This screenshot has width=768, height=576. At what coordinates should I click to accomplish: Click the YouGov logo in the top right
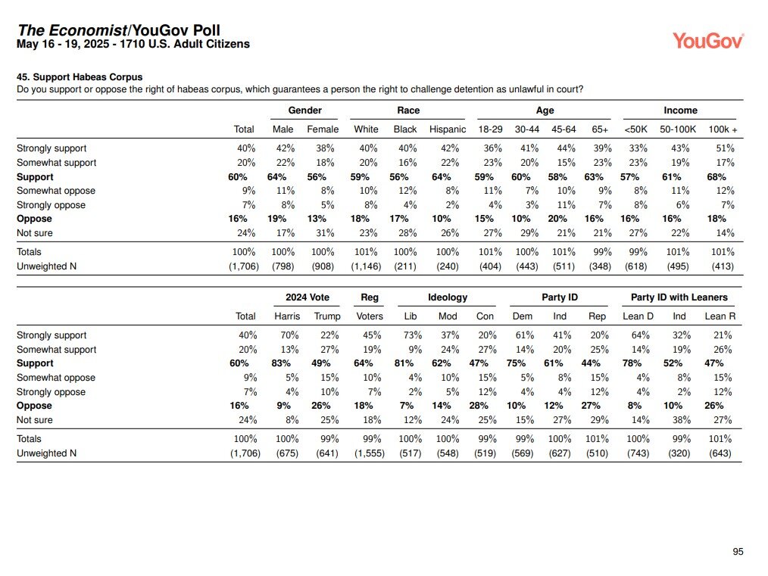(x=707, y=41)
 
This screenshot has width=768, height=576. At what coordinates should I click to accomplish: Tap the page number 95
(x=738, y=552)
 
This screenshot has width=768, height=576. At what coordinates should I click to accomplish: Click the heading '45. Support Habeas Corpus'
(x=80, y=77)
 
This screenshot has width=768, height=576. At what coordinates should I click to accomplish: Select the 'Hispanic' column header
(x=447, y=129)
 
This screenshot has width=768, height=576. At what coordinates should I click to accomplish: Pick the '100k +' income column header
(x=723, y=129)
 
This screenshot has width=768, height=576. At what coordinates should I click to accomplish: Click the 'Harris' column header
(x=287, y=316)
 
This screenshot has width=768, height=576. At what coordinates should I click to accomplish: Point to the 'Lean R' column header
(x=720, y=316)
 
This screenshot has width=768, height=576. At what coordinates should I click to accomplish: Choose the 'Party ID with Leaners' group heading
(x=679, y=297)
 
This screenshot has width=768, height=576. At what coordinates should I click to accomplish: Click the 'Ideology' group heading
(x=447, y=297)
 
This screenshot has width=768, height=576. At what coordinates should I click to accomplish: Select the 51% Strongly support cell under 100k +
(x=725, y=148)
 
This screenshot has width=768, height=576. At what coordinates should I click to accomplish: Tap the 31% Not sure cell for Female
(x=325, y=233)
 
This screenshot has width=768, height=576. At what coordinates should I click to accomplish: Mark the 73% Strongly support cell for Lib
(x=413, y=335)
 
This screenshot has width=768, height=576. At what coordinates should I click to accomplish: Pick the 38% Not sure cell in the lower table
(x=682, y=420)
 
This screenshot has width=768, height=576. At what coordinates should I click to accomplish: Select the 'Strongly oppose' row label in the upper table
(x=51, y=205)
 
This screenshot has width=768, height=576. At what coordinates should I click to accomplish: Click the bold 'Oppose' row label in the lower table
(x=34, y=406)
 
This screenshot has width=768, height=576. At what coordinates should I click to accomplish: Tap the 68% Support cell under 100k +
(x=716, y=176)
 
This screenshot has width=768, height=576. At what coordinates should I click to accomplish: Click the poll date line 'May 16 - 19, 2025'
(x=63, y=44)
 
